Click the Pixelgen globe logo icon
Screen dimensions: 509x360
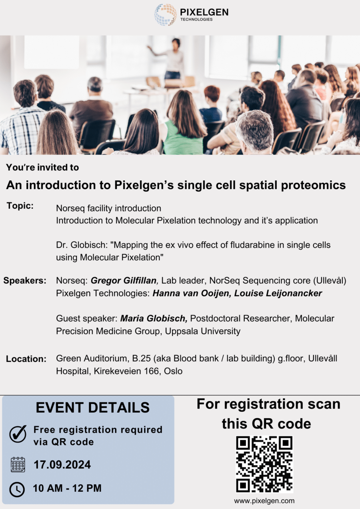pos(166,15)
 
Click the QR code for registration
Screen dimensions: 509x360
pos(264,464)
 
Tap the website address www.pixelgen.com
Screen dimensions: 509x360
pos(264,501)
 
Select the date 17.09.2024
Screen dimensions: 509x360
pos(62,465)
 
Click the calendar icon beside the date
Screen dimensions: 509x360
pos(18,465)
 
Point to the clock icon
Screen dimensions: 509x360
pos(17,489)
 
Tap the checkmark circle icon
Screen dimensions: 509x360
pos(18,435)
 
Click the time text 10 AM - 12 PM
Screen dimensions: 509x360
pos(67,488)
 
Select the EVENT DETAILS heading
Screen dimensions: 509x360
pos(92,407)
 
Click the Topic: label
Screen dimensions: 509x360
pos(20,206)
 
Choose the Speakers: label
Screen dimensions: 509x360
pos(25,281)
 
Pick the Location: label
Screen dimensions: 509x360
pos(26,359)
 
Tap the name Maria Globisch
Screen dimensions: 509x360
pos(154,319)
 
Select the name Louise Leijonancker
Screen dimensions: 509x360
pos(278,293)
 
